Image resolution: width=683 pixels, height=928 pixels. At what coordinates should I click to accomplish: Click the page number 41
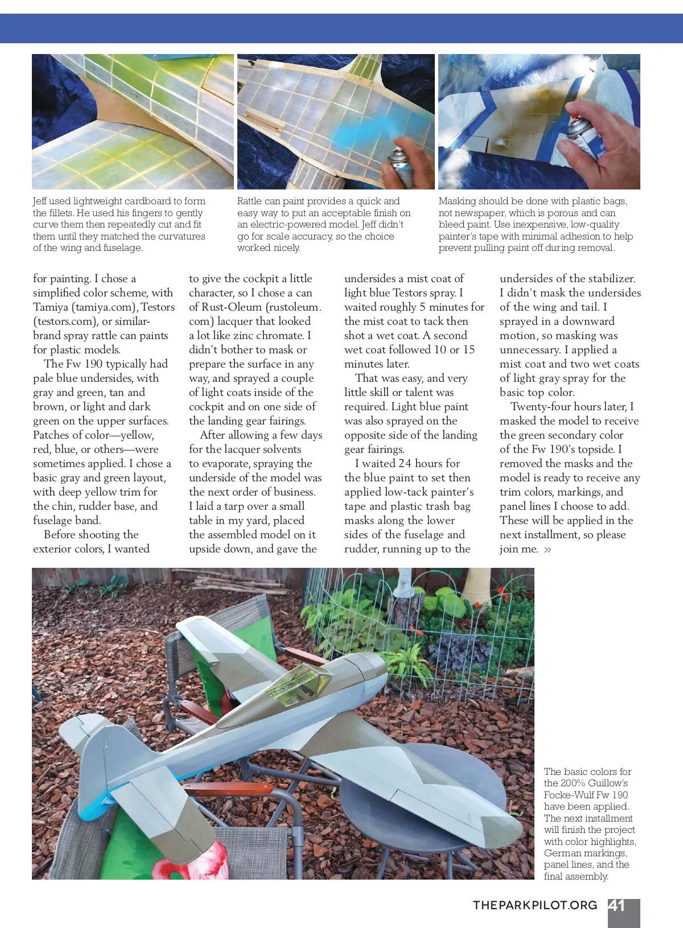click(617, 905)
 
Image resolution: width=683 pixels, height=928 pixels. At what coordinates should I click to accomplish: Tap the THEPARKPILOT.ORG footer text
click(535, 905)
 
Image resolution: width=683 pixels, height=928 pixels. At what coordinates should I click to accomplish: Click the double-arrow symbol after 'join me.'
click(548, 550)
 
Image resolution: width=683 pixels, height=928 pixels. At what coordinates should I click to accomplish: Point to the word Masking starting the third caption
click(458, 201)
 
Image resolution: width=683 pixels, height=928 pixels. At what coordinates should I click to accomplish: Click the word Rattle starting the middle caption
click(250, 201)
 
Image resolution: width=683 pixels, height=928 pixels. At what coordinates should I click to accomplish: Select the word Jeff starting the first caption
click(40, 201)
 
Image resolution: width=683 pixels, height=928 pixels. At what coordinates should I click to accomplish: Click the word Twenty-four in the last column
click(541, 407)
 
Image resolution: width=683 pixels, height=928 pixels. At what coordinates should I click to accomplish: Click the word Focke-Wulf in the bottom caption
click(570, 795)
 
